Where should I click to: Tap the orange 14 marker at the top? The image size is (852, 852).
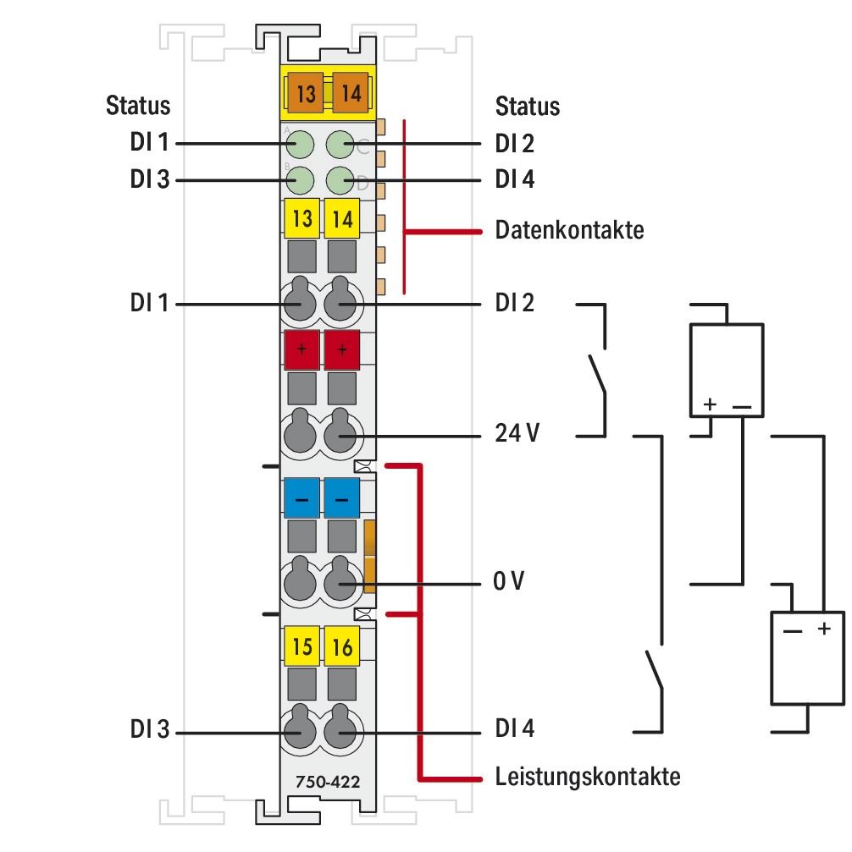point(351,93)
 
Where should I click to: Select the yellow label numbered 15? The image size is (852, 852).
point(302,647)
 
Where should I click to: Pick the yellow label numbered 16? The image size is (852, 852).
point(342,647)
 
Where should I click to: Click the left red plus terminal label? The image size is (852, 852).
point(302,349)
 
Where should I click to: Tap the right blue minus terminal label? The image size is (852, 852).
point(342,498)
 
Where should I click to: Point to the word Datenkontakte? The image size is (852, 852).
point(569,230)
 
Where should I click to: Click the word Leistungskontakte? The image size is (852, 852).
point(587,776)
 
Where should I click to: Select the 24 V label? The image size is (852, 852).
point(517,435)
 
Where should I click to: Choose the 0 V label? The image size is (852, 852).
point(510,584)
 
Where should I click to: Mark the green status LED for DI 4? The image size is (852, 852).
point(340,179)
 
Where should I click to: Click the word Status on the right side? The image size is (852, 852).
point(527,107)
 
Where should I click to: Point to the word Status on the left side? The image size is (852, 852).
point(137,107)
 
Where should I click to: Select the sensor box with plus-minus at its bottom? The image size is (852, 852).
point(727,369)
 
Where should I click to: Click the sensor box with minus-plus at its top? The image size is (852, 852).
point(806,657)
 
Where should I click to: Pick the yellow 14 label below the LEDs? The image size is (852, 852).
point(342,218)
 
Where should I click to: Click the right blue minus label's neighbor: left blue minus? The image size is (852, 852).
point(302,498)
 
